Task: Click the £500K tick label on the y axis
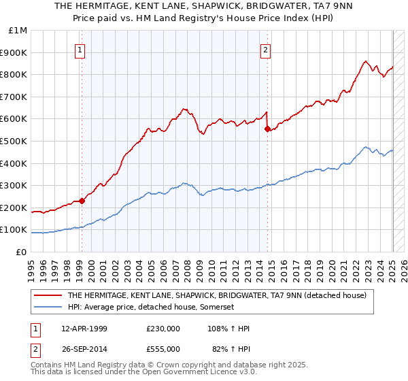tap(15, 141)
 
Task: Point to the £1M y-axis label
tap(18, 30)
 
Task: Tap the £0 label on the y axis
tap(22, 252)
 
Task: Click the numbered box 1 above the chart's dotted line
tap(80, 49)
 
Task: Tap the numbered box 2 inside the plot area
tap(265, 49)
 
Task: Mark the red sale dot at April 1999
tap(82, 201)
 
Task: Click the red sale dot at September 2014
tap(267, 129)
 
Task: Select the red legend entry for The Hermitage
tap(216, 295)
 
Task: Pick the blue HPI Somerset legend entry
tap(150, 308)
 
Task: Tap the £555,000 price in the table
tap(163, 349)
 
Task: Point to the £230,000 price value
tap(163, 329)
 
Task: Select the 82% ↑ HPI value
tap(231, 349)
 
